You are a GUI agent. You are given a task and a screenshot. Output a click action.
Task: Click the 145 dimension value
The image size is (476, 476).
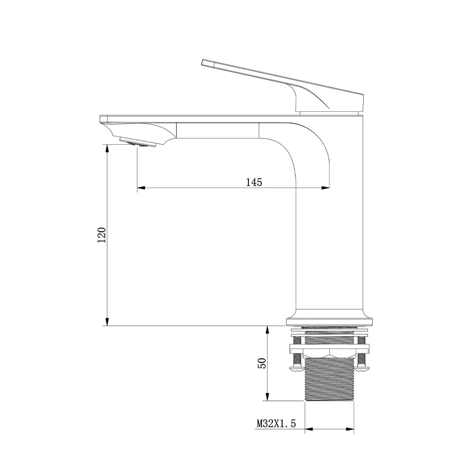254,182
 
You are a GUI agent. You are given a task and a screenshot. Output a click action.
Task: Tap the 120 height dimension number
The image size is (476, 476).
102,235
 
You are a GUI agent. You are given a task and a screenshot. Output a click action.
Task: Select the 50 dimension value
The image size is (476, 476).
262,363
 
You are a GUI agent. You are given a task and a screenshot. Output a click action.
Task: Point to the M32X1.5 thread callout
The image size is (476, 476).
276,423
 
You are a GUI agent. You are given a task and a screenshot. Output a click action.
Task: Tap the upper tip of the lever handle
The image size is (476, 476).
203,62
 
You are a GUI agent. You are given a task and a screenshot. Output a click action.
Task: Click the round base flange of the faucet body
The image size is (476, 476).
329,317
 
